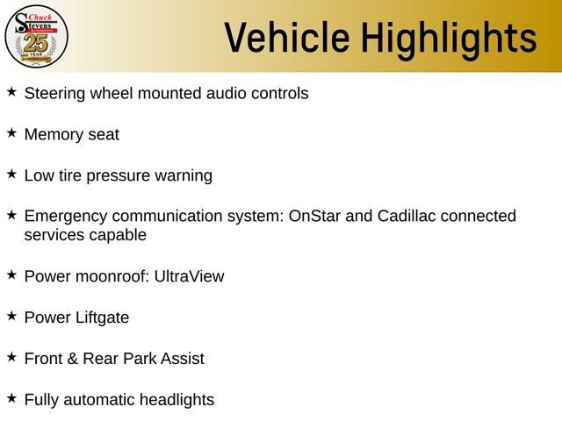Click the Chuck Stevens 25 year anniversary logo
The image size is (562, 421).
[36, 37]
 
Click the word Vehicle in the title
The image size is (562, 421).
[287, 37]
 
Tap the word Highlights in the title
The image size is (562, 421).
[449, 39]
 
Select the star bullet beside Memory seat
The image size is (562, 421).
[11, 132]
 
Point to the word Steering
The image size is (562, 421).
[54, 94]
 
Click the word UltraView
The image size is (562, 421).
[190, 277]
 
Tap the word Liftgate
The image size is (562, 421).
[102, 318]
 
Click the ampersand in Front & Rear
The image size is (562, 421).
[72, 359]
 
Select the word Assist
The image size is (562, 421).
[183, 359]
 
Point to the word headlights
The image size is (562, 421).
[177, 400]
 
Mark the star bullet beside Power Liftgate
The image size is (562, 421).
[11, 316]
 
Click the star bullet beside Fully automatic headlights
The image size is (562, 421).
[11, 397]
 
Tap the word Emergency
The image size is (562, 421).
[66, 217]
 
